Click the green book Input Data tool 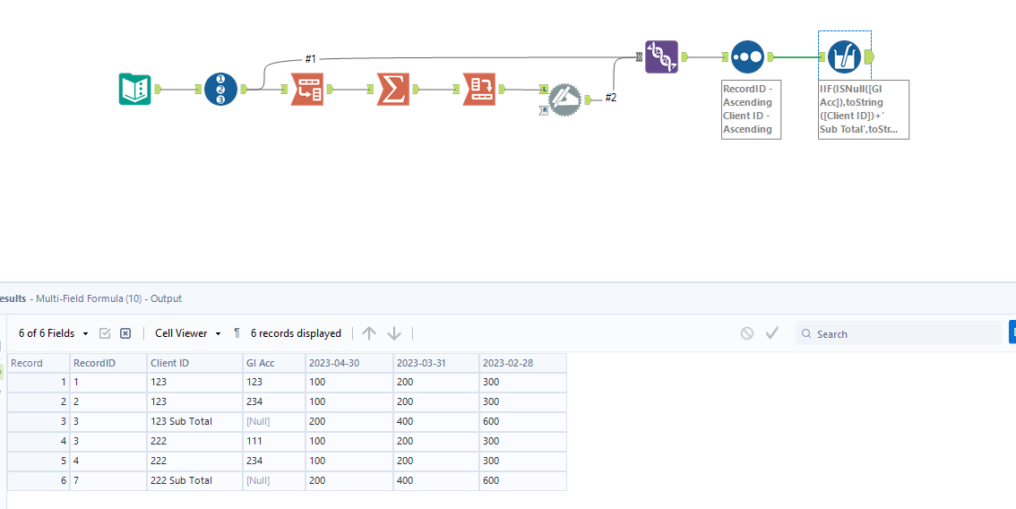click(135, 89)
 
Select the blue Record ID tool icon click(220, 89)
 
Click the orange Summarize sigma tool click(392, 89)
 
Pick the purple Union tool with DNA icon click(661, 56)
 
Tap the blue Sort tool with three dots click(747, 56)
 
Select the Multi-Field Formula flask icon click(844, 56)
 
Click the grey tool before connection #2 click(564, 99)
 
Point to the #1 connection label click(310, 58)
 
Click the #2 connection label click(610, 98)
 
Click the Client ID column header click(169, 363)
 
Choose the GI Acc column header click(260, 363)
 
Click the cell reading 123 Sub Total click(181, 421)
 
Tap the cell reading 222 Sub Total click(181, 480)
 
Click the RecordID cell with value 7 click(76, 480)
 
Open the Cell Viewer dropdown click(187, 333)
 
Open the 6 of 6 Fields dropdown click(54, 333)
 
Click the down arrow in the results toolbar click(394, 333)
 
